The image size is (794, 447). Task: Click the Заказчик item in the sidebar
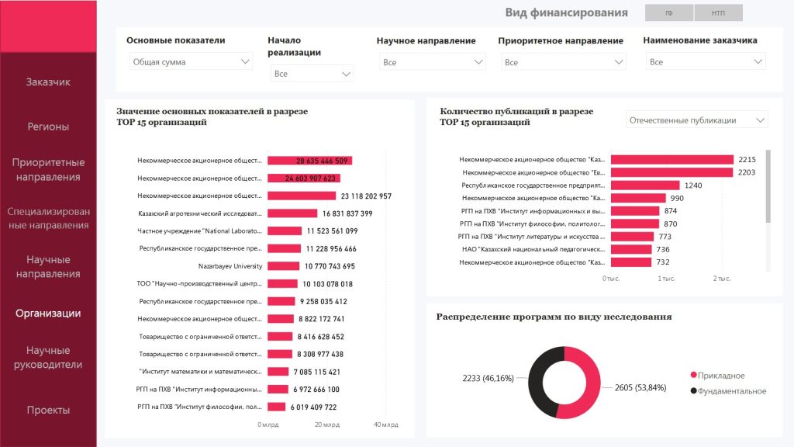48,81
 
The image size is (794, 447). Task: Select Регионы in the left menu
48,126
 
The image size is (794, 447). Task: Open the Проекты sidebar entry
48,410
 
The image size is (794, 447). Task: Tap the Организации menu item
48,314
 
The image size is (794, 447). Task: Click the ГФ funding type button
668,13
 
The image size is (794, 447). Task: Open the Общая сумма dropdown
191,62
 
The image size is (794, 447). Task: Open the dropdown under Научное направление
432,62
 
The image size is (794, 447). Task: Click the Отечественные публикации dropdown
696,120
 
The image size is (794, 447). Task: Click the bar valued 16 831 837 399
292,213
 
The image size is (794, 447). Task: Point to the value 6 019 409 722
313,407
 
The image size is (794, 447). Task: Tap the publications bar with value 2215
671,160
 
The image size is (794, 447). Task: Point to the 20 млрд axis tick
326,424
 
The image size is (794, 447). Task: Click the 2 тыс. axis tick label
722,278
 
